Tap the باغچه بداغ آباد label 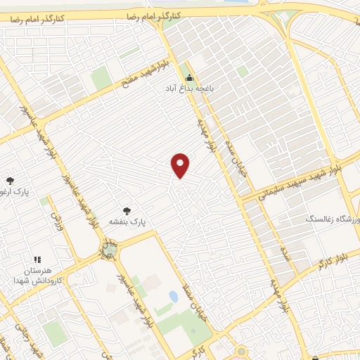tap(189, 89)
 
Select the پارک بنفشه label tap(127, 221)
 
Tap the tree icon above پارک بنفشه tap(127, 210)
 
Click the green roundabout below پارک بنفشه tap(109, 248)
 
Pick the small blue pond tap(173, 297)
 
